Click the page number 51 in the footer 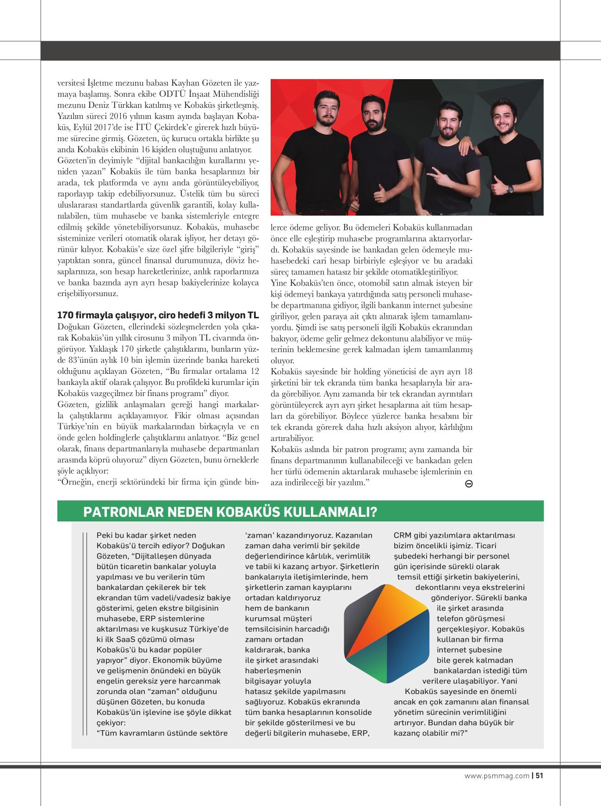[x=539, y=776]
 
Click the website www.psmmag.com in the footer [x=496, y=776]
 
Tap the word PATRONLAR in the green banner [x=121, y=512]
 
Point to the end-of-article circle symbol [x=468, y=484]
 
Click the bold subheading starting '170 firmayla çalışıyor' [x=158, y=316]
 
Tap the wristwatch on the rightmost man [x=510, y=189]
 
